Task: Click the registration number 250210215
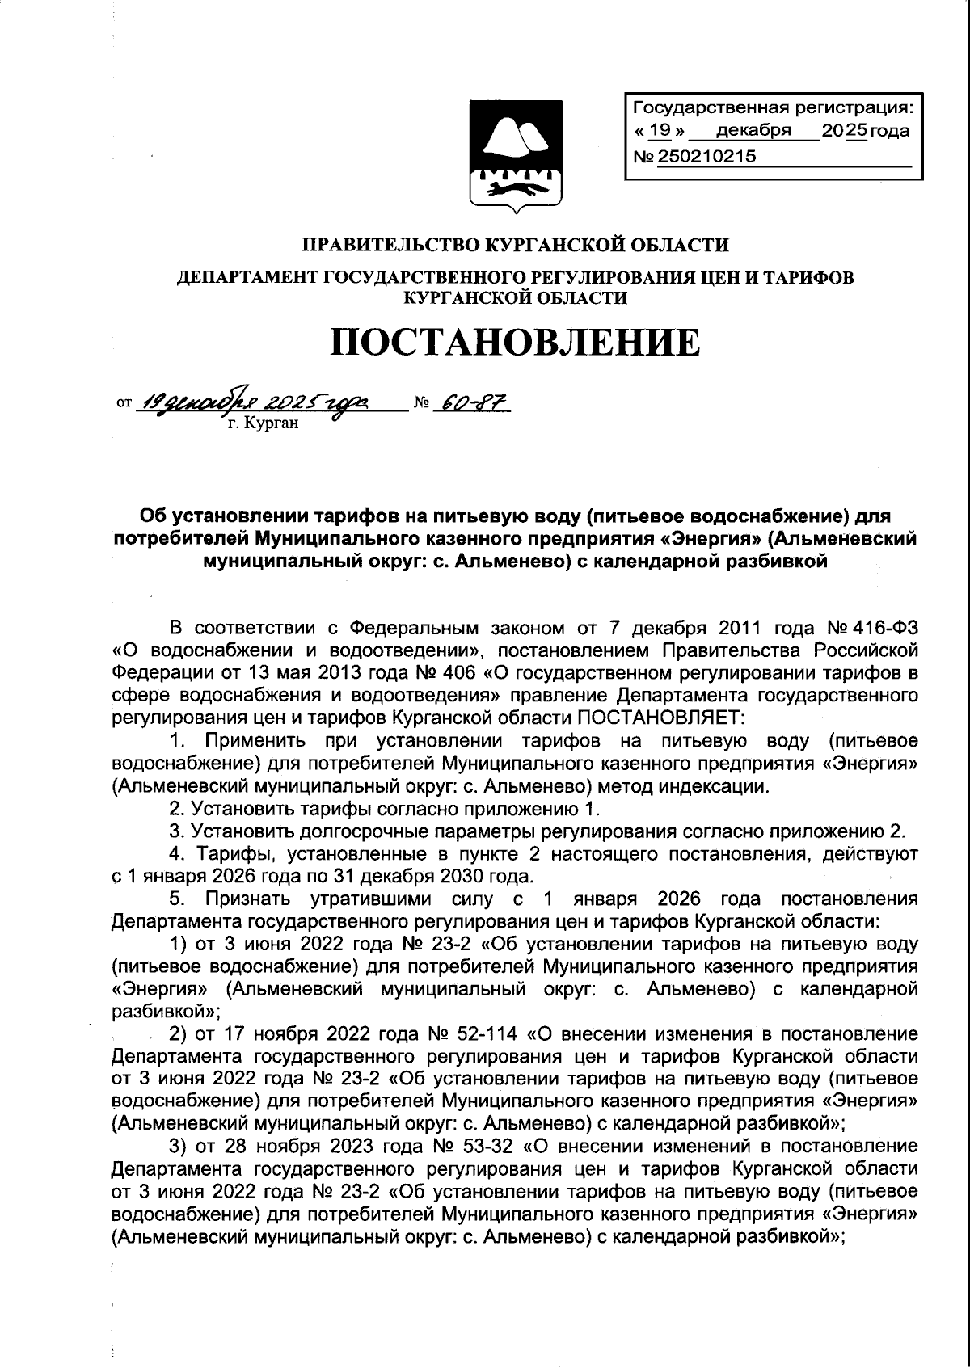point(707,157)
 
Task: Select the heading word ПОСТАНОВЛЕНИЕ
point(515,341)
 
